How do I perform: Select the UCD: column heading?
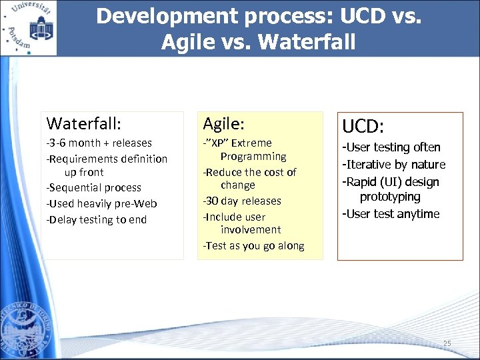365,126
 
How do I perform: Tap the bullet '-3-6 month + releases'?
99,143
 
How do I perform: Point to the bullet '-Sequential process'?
93,187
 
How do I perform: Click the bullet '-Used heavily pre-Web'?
101,203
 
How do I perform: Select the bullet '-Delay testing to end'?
96,219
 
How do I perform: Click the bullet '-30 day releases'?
242,201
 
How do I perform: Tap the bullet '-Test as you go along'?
253,245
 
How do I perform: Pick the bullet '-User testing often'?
391,147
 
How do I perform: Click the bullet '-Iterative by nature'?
393,165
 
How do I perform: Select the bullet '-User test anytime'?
391,214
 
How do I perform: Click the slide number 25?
447,343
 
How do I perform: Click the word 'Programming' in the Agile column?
253,156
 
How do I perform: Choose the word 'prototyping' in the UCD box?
390,197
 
